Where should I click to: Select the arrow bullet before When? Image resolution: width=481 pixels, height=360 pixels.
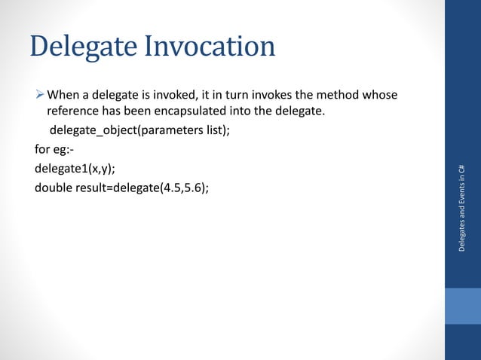40,95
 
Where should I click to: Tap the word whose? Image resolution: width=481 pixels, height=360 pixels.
383,95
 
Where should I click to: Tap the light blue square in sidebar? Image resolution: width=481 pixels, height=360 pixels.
462,306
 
